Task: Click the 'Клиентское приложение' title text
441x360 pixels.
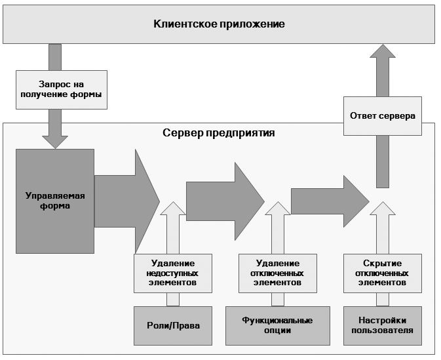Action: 219,24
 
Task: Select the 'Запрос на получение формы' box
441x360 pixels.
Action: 62,90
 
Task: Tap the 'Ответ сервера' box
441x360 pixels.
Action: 383,116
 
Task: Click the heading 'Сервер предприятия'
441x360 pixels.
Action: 218,132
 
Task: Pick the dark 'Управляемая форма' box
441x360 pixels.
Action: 55,201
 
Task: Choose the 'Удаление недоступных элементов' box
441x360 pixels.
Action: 173,273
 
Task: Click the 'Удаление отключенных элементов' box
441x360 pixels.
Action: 278,273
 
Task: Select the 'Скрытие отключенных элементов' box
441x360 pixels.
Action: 383,273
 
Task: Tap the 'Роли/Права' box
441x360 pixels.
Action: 173,326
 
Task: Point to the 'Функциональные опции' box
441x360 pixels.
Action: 278,326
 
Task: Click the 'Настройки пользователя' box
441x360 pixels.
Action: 383,326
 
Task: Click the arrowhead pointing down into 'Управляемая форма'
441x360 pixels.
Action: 55,142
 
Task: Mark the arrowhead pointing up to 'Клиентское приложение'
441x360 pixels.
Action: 383,51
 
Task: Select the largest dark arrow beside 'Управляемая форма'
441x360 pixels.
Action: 127,201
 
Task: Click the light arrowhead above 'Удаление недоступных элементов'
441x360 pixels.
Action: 173,209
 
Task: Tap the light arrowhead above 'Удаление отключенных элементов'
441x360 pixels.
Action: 278,209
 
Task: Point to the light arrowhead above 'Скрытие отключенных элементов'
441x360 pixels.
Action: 383,209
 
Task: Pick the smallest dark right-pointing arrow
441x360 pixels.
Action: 330,201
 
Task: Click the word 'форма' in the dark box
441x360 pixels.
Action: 55,206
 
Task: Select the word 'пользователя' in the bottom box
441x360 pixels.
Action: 383,330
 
